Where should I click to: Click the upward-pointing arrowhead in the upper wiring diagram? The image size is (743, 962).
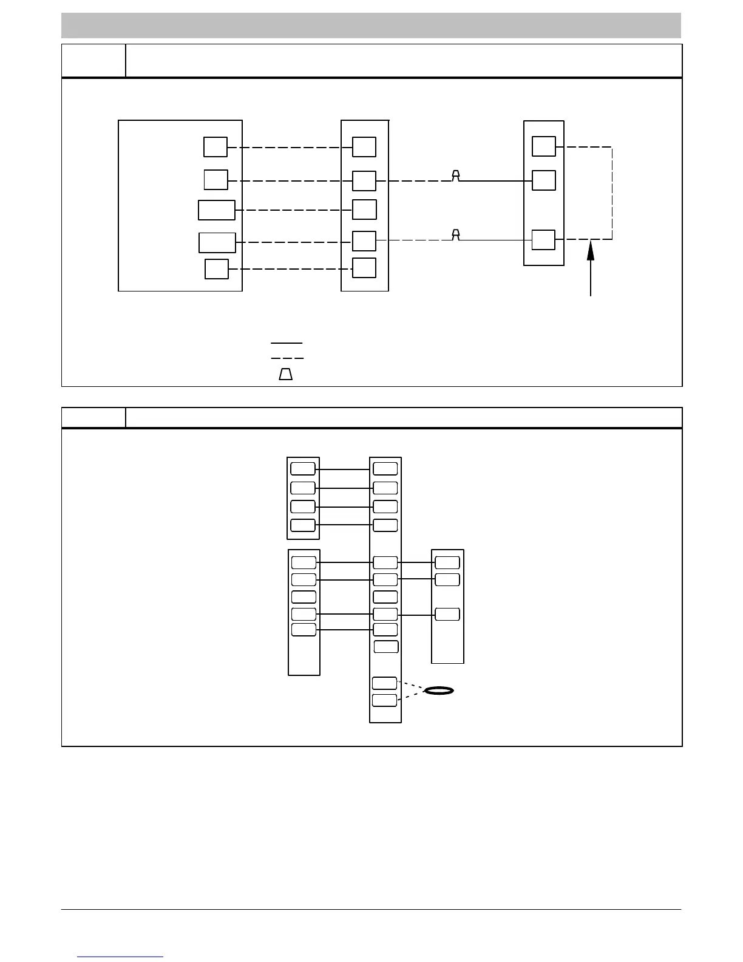coord(591,250)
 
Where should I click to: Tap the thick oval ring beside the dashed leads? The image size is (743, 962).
coord(439,691)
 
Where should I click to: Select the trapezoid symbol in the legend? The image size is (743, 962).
coord(285,374)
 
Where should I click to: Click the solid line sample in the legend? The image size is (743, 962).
coord(287,343)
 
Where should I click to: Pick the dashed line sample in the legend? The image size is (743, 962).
coord(287,358)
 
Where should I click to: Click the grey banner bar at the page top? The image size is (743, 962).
coord(371,25)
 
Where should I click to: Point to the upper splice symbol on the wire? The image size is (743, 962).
coord(456,176)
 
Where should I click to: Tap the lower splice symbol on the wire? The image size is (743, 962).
coord(456,235)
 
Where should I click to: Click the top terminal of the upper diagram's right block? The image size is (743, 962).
coord(543,146)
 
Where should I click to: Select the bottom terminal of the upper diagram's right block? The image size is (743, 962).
coord(543,240)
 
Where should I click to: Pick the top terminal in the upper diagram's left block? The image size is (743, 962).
coord(215,147)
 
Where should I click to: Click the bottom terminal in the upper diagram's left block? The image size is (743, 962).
coord(217,268)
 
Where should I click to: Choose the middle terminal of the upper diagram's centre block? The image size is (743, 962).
coord(364,210)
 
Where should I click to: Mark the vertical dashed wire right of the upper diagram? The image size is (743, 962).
coord(612,193)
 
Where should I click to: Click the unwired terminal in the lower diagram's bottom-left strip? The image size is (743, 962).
coord(304,597)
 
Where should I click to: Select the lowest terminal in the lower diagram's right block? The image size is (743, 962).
coord(447,614)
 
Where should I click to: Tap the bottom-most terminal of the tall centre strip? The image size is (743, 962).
coord(384,700)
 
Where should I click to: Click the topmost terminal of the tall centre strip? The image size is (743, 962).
coord(385,468)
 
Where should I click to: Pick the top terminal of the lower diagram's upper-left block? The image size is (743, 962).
coord(303,468)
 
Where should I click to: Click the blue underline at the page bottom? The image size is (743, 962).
coord(121,957)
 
